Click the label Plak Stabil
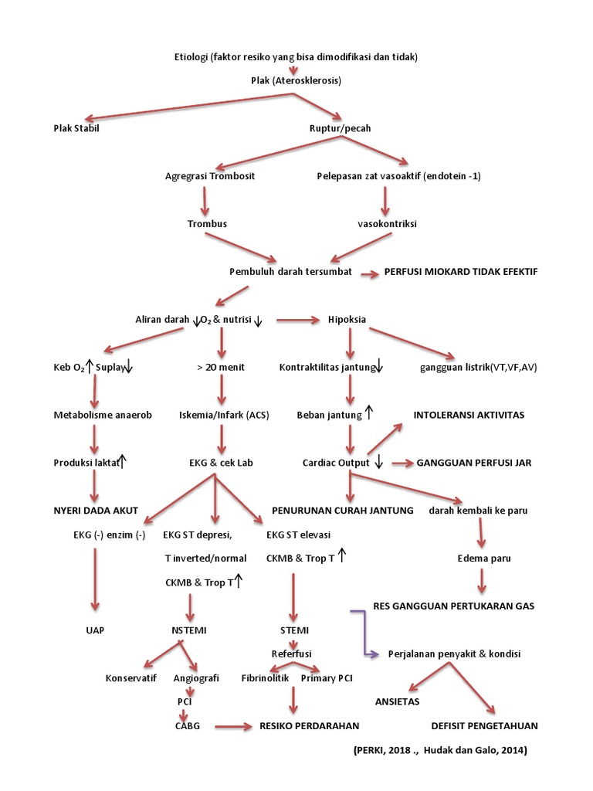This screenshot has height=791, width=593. pyautogui.click(x=76, y=128)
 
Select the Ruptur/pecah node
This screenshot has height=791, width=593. pyautogui.click(x=340, y=128)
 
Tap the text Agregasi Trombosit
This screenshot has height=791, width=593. pyautogui.click(x=210, y=176)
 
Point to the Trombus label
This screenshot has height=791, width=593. pyautogui.click(x=207, y=223)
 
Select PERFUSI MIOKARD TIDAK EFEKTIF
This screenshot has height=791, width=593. pyautogui.click(x=460, y=272)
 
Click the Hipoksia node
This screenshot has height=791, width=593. pyautogui.click(x=347, y=320)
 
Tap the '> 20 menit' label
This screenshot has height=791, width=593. pyautogui.click(x=221, y=367)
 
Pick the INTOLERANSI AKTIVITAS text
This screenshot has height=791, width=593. pyautogui.click(x=469, y=415)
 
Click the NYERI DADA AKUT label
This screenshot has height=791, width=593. pyautogui.click(x=96, y=511)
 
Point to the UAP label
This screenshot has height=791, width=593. pyautogui.click(x=95, y=630)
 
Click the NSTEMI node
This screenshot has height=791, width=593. pyautogui.click(x=189, y=630)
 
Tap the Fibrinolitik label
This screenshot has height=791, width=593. pyautogui.click(x=264, y=677)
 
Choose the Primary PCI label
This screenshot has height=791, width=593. pyautogui.click(x=327, y=677)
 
